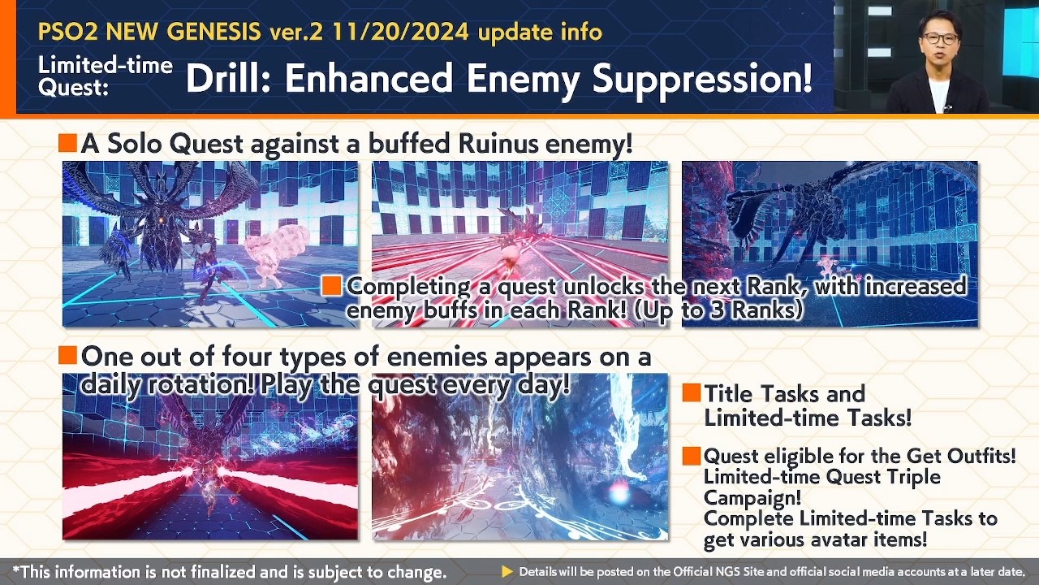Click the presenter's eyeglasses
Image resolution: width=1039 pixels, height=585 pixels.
940,38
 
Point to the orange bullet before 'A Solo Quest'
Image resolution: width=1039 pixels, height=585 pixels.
67,145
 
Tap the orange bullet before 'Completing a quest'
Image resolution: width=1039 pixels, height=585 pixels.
331,286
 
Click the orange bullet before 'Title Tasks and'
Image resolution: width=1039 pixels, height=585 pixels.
691,393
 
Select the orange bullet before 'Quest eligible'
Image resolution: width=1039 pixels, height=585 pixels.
691,456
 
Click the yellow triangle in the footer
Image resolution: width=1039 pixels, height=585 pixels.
507,572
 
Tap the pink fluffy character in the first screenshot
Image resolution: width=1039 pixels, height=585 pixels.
275,252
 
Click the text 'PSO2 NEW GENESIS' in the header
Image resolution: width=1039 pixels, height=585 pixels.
152,32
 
